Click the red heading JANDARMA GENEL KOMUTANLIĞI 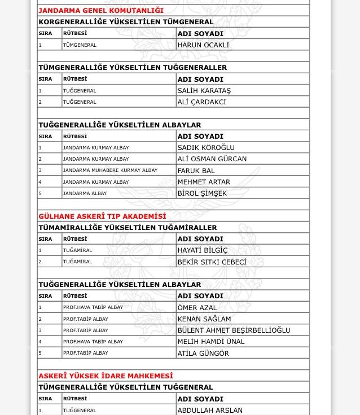click(x=101, y=10)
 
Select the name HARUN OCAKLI click(x=203, y=45)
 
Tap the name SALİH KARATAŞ click(x=204, y=90)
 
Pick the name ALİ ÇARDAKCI click(x=201, y=102)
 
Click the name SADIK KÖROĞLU click(x=206, y=148)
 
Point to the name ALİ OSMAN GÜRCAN click(x=212, y=159)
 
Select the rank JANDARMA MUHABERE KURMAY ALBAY click(x=110, y=170)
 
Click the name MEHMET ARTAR click(x=204, y=182)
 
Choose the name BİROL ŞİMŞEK click(x=202, y=193)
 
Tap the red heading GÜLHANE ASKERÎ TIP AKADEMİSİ click(x=102, y=217)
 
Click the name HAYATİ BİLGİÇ click(x=202, y=250)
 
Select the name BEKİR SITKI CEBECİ click(x=212, y=262)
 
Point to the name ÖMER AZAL click(x=197, y=308)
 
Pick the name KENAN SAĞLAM click(x=204, y=319)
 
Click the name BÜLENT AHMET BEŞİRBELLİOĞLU click(x=234, y=330)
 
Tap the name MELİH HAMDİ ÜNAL click(x=211, y=342)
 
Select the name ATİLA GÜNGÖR click(x=203, y=354)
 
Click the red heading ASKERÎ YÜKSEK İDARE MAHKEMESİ click(x=106, y=376)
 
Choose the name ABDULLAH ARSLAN click(x=210, y=410)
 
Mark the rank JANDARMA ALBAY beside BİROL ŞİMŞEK click(x=85, y=193)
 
